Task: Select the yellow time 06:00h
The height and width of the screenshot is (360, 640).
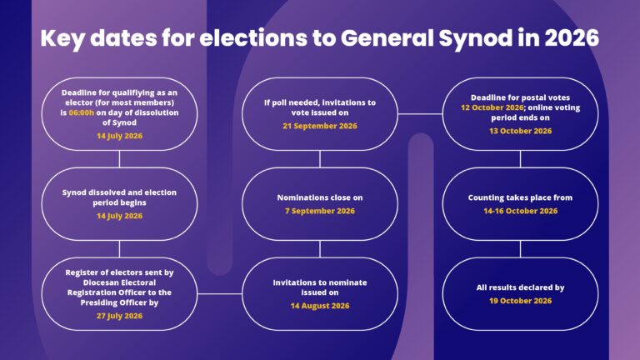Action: click(x=81, y=112)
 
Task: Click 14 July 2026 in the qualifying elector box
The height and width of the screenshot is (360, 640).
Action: click(x=120, y=136)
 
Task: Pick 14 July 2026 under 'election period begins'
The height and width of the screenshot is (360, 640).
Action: click(x=120, y=216)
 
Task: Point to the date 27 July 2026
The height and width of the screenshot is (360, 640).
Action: click(x=120, y=316)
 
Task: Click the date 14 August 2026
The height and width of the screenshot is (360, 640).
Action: click(x=320, y=306)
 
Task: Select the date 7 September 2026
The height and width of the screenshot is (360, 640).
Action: click(x=320, y=211)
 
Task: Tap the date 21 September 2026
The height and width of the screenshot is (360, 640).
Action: click(x=320, y=126)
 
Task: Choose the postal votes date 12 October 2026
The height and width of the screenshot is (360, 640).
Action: click(x=492, y=107)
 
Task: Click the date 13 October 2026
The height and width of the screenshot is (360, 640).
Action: click(x=520, y=131)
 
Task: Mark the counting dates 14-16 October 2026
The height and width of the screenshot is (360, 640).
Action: click(x=520, y=211)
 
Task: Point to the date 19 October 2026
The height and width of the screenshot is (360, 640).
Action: click(x=520, y=301)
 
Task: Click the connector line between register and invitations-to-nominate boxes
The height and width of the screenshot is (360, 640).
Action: click(x=220, y=293)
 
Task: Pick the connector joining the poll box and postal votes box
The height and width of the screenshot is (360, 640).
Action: click(x=420, y=114)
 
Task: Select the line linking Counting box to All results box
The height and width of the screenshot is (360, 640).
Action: click(x=520, y=248)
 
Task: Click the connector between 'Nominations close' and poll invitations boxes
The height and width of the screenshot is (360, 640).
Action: click(x=320, y=159)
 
